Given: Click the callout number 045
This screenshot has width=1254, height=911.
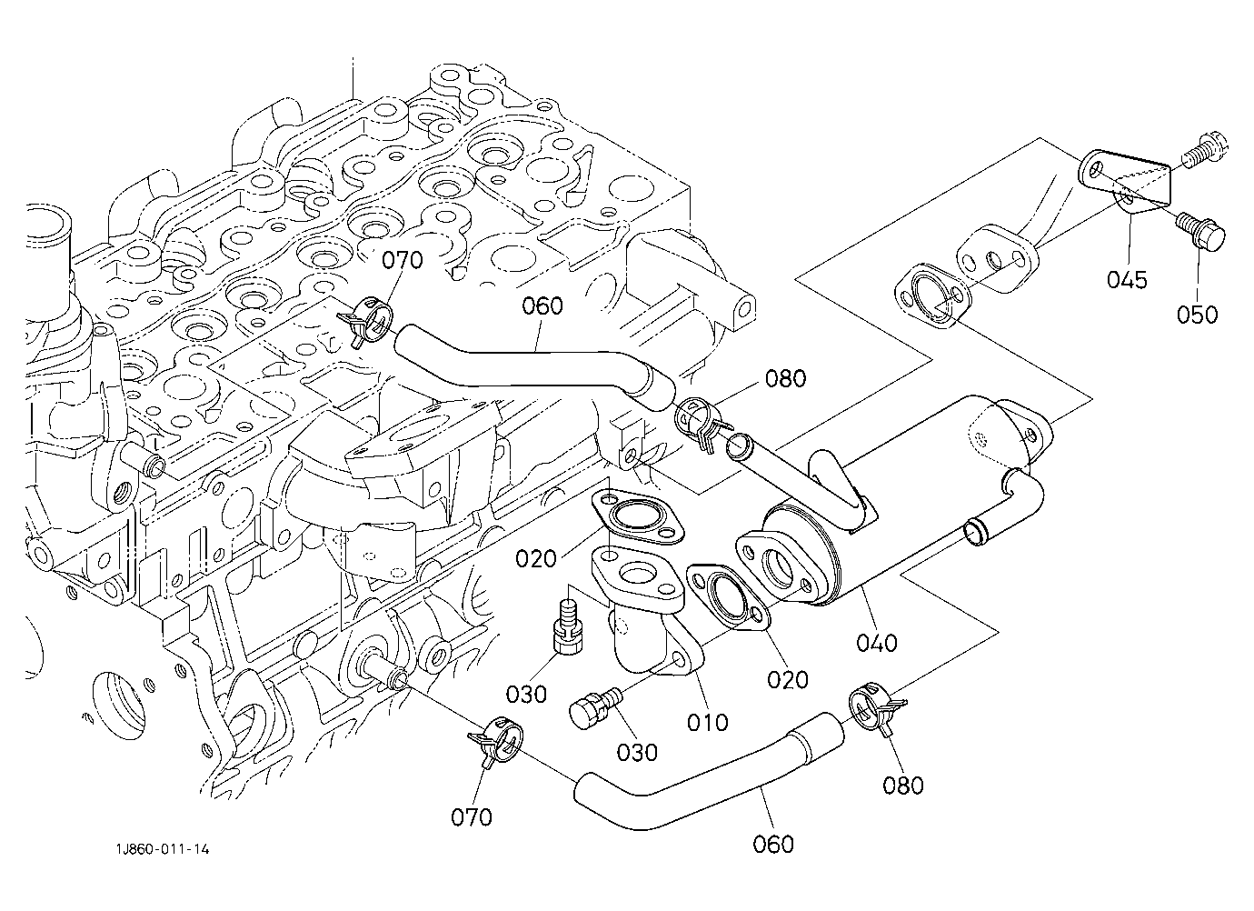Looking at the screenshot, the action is (x=1127, y=279).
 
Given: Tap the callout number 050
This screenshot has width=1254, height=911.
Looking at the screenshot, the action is (x=1197, y=315).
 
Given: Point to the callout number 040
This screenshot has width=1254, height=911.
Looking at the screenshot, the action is (x=877, y=643).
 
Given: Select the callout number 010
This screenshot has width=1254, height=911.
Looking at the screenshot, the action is (x=708, y=722).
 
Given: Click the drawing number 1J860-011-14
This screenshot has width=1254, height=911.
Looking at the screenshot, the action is (x=163, y=849).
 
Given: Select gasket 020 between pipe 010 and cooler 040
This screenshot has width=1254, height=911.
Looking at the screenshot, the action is (x=728, y=597).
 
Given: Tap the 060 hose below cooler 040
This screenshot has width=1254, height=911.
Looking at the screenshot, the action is (x=705, y=785).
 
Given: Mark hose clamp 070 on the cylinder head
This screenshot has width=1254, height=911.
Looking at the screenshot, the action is (x=365, y=322).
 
